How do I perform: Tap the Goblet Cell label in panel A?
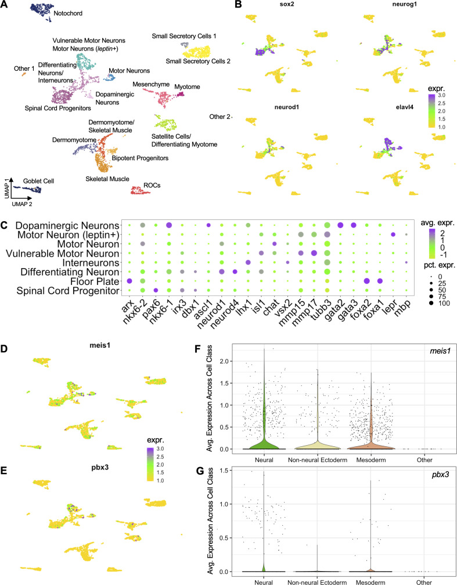click(x=39, y=182)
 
